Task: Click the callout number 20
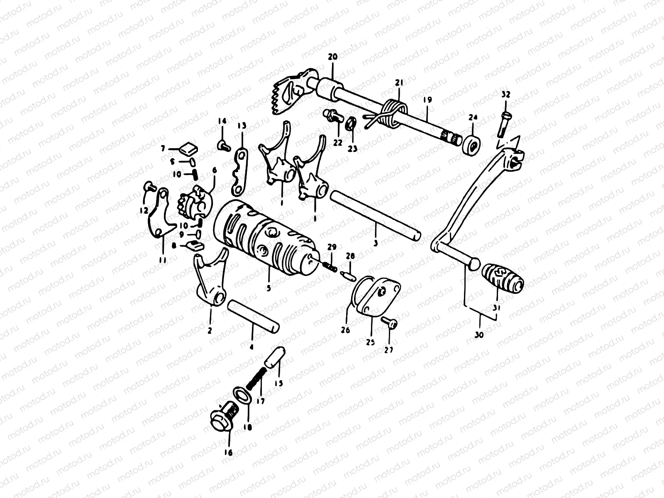332,56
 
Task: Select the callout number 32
505,95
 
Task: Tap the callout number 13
242,126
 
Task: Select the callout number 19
428,100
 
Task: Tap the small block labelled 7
188,147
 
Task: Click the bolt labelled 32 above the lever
503,124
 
